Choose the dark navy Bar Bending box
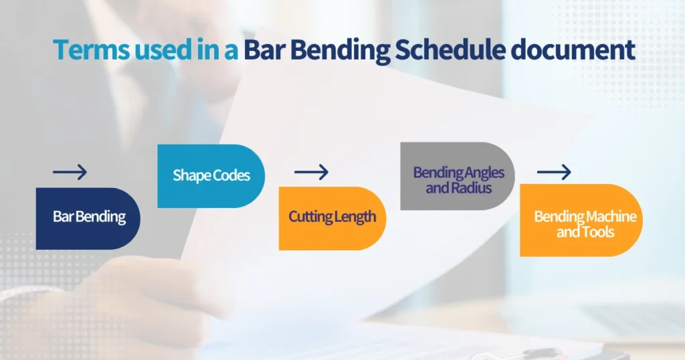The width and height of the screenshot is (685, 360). click(88, 218)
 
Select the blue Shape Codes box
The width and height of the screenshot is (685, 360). click(211, 176)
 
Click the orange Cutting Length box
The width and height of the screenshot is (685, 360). click(332, 218)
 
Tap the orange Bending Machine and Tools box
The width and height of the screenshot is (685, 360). click(581, 220)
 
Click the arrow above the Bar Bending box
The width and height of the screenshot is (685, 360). click(70, 173)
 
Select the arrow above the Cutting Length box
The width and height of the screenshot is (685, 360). click(311, 173)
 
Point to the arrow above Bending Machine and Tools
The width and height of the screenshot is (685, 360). click(554, 173)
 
